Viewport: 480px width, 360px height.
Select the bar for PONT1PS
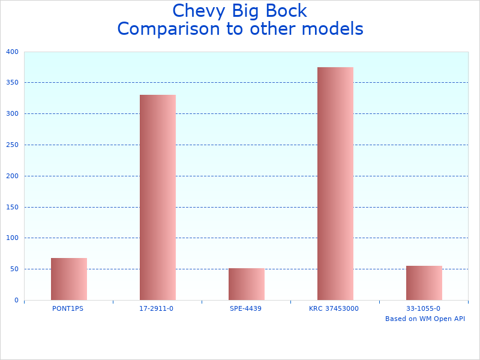[x=69, y=279]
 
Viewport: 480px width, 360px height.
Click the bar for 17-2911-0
[x=158, y=197]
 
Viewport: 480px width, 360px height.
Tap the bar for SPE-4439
[x=247, y=284]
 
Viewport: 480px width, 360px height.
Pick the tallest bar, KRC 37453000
[x=335, y=184]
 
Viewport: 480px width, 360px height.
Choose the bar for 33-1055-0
[x=424, y=283]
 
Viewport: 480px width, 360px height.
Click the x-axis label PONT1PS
[x=68, y=308]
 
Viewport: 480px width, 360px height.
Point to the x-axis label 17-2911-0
[x=156, y=308]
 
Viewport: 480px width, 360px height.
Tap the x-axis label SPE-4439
[x=246, y=308]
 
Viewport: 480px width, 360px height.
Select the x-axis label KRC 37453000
[x=334, y=308]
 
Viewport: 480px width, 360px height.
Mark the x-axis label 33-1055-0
[x=423, y=308]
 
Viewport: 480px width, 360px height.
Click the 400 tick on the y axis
[x=13, y=52]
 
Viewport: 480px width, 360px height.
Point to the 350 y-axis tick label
[x=13, y=83]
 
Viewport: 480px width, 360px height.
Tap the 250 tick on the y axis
[x=13, y=145]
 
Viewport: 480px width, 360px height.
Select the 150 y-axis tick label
[x=13, y=207]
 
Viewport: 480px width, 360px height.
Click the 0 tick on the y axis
[x=16, y=300]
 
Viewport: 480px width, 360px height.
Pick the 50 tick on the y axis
[x=14, y=269]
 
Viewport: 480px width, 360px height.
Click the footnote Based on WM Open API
[x=425, y=319]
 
